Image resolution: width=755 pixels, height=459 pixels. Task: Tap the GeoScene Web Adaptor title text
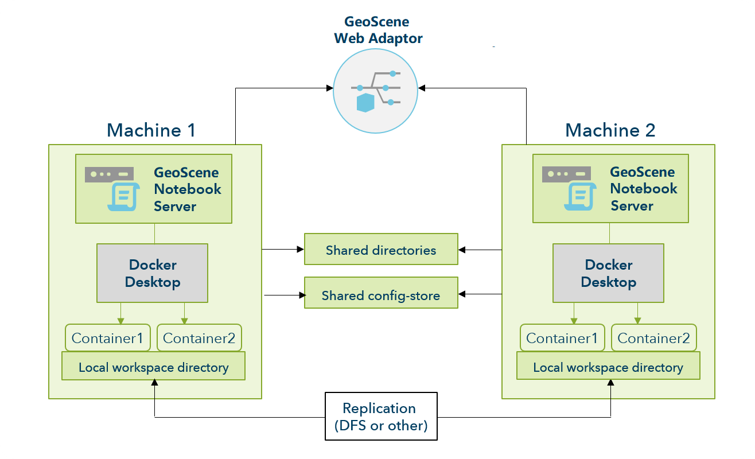(378, 30)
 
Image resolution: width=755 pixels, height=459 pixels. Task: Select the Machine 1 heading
(151, 130)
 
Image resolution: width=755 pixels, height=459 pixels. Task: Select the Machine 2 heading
(610, 130)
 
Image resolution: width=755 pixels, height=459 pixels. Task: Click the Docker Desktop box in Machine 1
(152, 273)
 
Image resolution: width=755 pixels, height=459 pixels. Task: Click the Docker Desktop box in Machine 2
(608, 273)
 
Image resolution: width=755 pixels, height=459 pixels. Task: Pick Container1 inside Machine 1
(108, 338)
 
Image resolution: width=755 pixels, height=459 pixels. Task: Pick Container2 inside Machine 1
(199, 338)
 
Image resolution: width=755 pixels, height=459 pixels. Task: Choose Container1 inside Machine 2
(562, 338)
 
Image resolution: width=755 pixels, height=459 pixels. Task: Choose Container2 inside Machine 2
(653, 338)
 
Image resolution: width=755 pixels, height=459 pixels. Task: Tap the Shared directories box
(381, 250)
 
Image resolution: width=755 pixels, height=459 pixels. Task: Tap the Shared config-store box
(381, 295)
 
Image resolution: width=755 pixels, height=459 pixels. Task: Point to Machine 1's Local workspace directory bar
(153, 367)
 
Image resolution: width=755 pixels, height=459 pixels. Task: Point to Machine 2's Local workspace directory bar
(608, 367)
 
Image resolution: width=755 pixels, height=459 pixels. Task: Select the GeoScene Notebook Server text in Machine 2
(643, 188)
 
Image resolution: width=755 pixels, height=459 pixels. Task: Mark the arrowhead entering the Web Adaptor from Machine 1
(330, 88)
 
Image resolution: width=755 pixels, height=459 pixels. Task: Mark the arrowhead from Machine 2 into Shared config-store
(462, 294)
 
